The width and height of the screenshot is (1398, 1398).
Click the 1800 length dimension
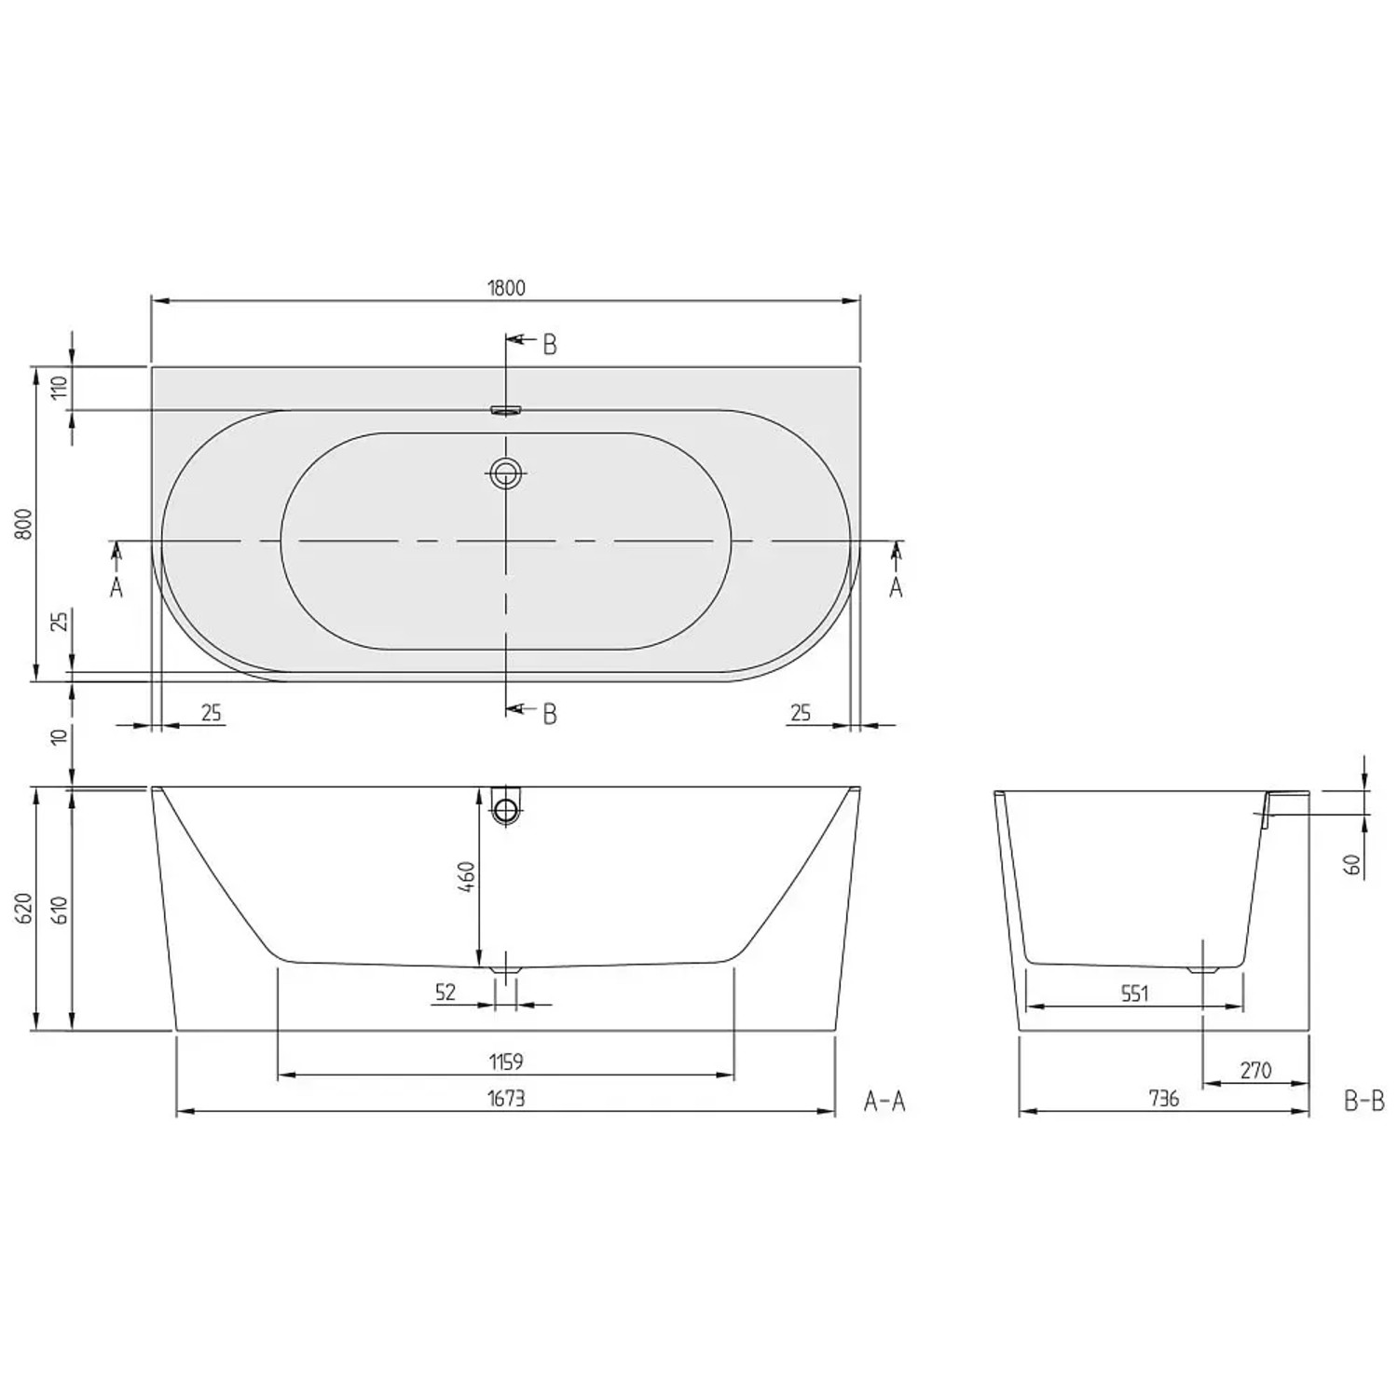coord(506,288)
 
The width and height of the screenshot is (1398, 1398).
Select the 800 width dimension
coord(25,524)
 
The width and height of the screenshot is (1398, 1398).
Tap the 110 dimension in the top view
coord(61,388)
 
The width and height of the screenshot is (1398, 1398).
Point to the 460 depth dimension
coord(467,876)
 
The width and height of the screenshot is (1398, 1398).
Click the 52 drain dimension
coord(445,993)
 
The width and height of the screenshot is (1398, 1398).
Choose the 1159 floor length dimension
coord(506,1062)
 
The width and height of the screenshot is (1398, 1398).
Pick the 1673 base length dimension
coord(506,1099)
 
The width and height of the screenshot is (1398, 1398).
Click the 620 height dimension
coord(25,909)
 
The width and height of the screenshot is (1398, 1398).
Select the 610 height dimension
coord(61,909)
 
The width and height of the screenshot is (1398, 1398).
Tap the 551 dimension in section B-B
coord(1134,994)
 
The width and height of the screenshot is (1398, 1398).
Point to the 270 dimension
coord(1255,1071)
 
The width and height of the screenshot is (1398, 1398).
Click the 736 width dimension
coord(1164,1099)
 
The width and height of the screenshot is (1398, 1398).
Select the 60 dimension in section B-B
coord(1352,864)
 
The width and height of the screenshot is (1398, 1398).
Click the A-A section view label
coord(884,1102)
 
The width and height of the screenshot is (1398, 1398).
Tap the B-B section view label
coord(1364,1102)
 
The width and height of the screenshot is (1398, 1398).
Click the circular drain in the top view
coord(506,473)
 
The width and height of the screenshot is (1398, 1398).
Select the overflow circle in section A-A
coord(506,810)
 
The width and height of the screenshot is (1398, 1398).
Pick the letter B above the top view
coord(550,345)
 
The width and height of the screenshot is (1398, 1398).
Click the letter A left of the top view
coord(116,587)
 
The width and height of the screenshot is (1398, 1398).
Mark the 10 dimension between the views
coord(61,736)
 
